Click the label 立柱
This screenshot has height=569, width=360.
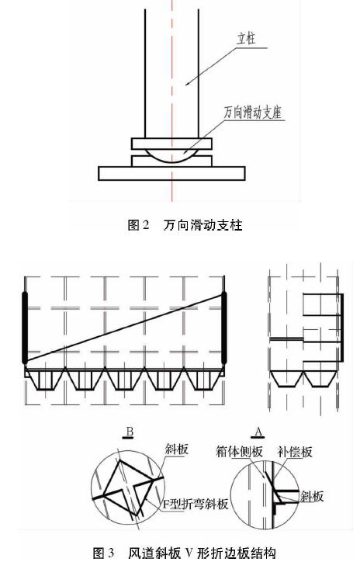coord(246,39)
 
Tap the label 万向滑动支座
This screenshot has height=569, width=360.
coord(253,113)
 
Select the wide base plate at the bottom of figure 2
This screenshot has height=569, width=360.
coord(171,173)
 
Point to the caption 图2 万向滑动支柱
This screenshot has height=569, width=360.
coord(185,225)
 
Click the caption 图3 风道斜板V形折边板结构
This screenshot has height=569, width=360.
coord(184,553)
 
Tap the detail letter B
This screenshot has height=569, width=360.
coord(130,432)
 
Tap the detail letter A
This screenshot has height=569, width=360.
coord(258,432)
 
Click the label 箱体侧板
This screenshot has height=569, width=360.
coord(239,452)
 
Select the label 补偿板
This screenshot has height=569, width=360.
coord(295,452)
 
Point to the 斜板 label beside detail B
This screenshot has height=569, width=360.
coord(177,449)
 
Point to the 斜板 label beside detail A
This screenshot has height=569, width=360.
coord(312,496)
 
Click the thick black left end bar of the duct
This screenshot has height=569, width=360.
coord(25,328)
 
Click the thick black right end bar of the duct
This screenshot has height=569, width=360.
coord(223,328)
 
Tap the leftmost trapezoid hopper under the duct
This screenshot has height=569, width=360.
coord(45,379)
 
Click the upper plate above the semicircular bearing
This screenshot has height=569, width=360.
coord(171,144)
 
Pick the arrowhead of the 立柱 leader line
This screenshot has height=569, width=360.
coord(188,83)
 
